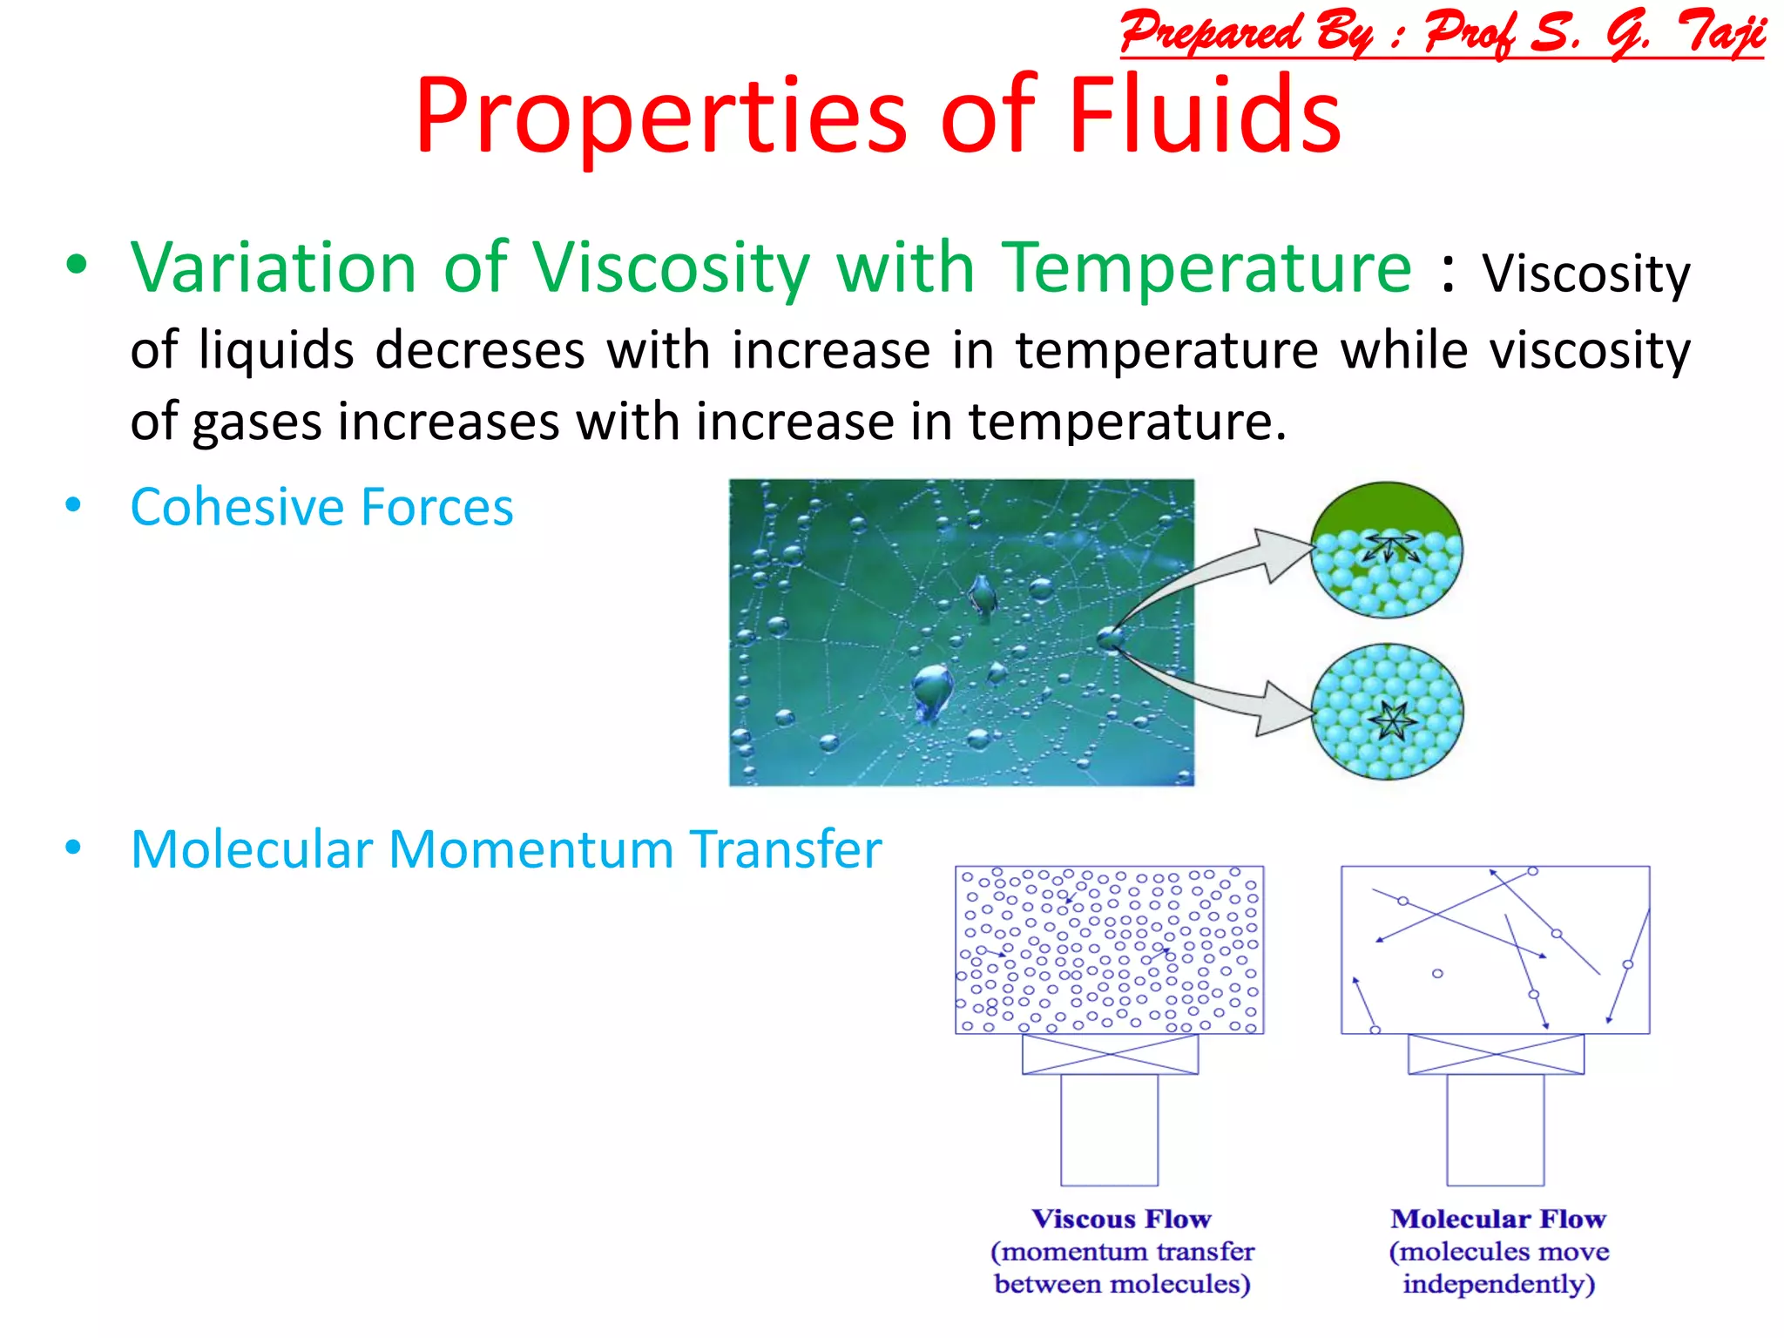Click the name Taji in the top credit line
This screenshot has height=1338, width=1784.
click(x=1720, y=33)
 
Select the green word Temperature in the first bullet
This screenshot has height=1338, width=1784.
click(x=1206, y=267)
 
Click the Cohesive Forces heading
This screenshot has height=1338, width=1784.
click(x=321, y=507)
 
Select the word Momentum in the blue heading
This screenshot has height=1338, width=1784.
click(x=531, y=849)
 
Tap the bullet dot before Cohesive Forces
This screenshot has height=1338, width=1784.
click(x=73, y=505)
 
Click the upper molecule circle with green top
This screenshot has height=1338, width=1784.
click(x=1386, y=549)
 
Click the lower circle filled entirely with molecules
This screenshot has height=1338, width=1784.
click(x=1387, y=711)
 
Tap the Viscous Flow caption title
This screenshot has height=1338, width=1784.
click(x=1121, y=1219)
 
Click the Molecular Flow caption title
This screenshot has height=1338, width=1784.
click(x=1497, y=1219)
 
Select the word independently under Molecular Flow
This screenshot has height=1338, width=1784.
click(x=1498, y=1284)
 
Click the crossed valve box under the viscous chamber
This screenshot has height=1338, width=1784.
click(x=1110, y=1054)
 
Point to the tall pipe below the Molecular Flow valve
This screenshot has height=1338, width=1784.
click(x=1495, y=1130)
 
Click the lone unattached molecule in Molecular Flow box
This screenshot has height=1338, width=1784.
click(x=1437, y=974)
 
